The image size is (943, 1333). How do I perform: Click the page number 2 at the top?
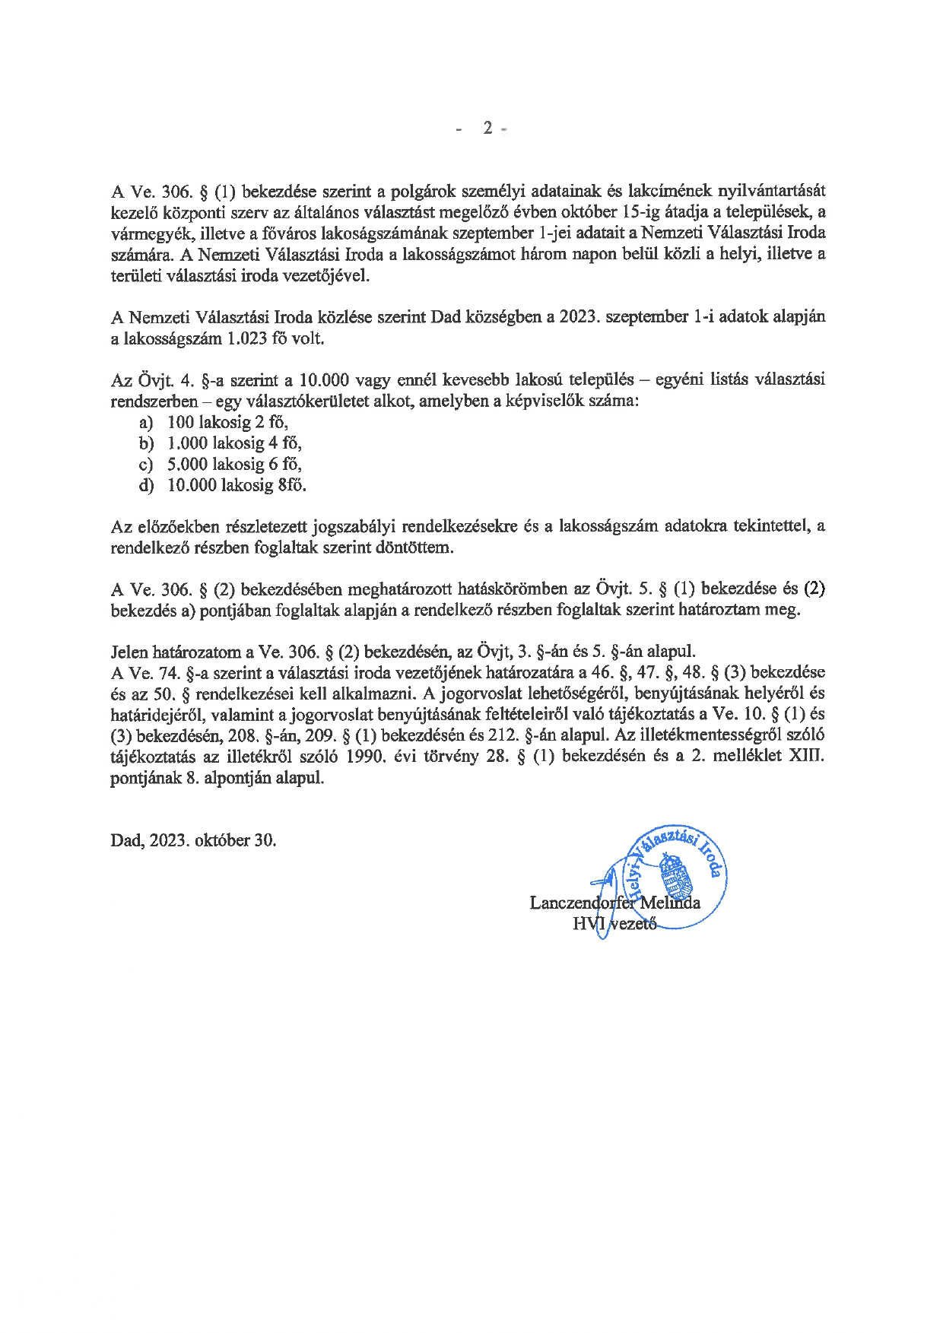487,128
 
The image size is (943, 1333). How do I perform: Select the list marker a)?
146,422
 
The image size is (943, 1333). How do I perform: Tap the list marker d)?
146,485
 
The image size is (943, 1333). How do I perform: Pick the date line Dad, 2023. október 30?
193,840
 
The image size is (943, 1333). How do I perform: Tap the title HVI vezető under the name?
614,924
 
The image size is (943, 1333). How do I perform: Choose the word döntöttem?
414,547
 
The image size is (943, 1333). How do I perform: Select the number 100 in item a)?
181,422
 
